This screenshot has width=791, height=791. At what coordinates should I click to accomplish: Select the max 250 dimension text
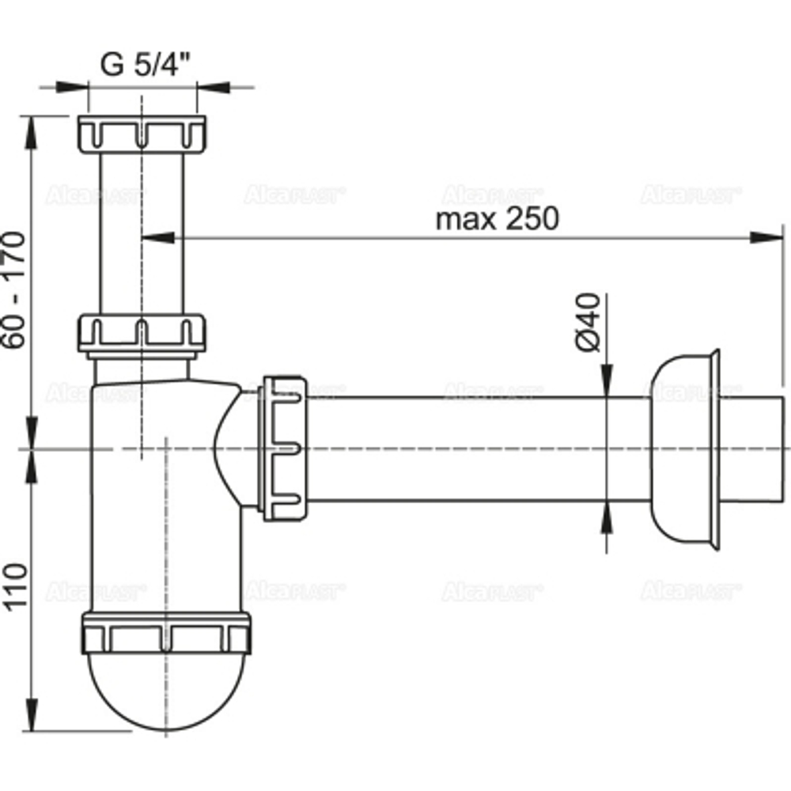[x=497, y=218]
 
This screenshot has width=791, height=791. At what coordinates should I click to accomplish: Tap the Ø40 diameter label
[x=589, y=323]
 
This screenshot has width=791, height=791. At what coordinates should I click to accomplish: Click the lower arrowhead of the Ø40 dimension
[x=606, y=517]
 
